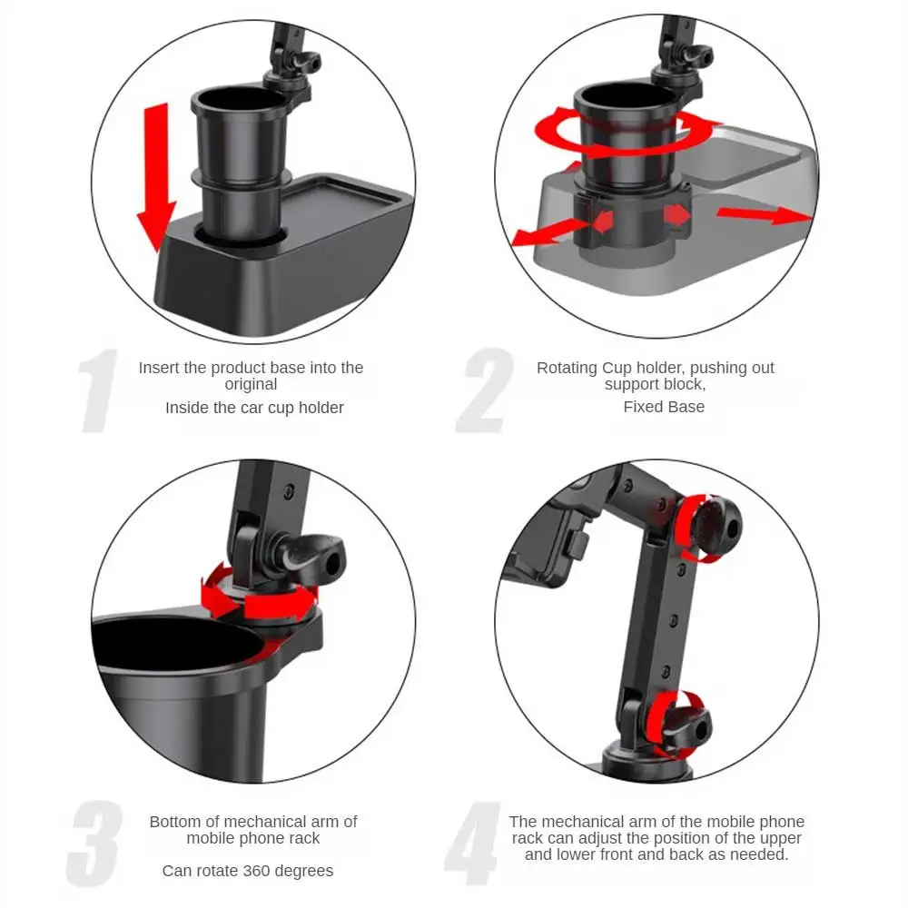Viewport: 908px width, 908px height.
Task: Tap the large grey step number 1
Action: [98, 390]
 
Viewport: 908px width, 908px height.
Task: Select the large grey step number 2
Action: [485, 390]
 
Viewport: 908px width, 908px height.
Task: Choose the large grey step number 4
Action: [473, 844]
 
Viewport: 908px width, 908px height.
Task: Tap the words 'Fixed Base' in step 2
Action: [664, 407]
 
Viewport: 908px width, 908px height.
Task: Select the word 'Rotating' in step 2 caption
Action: [567, 369]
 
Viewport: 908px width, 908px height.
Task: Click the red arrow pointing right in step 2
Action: [764, 215]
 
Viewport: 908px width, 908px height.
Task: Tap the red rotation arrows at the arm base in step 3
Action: [259, 594]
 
